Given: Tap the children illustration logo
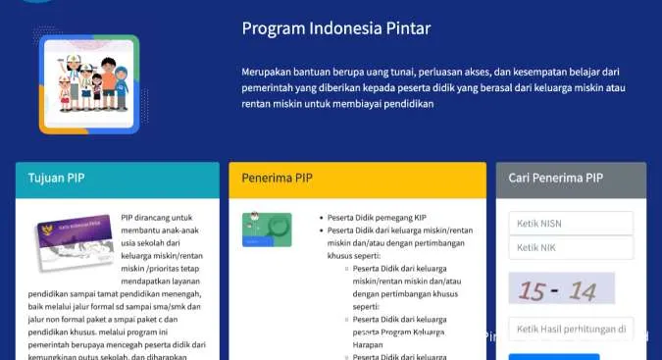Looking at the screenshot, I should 89,84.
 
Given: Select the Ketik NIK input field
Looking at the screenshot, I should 571,248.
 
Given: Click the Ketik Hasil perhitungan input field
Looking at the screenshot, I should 571,329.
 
